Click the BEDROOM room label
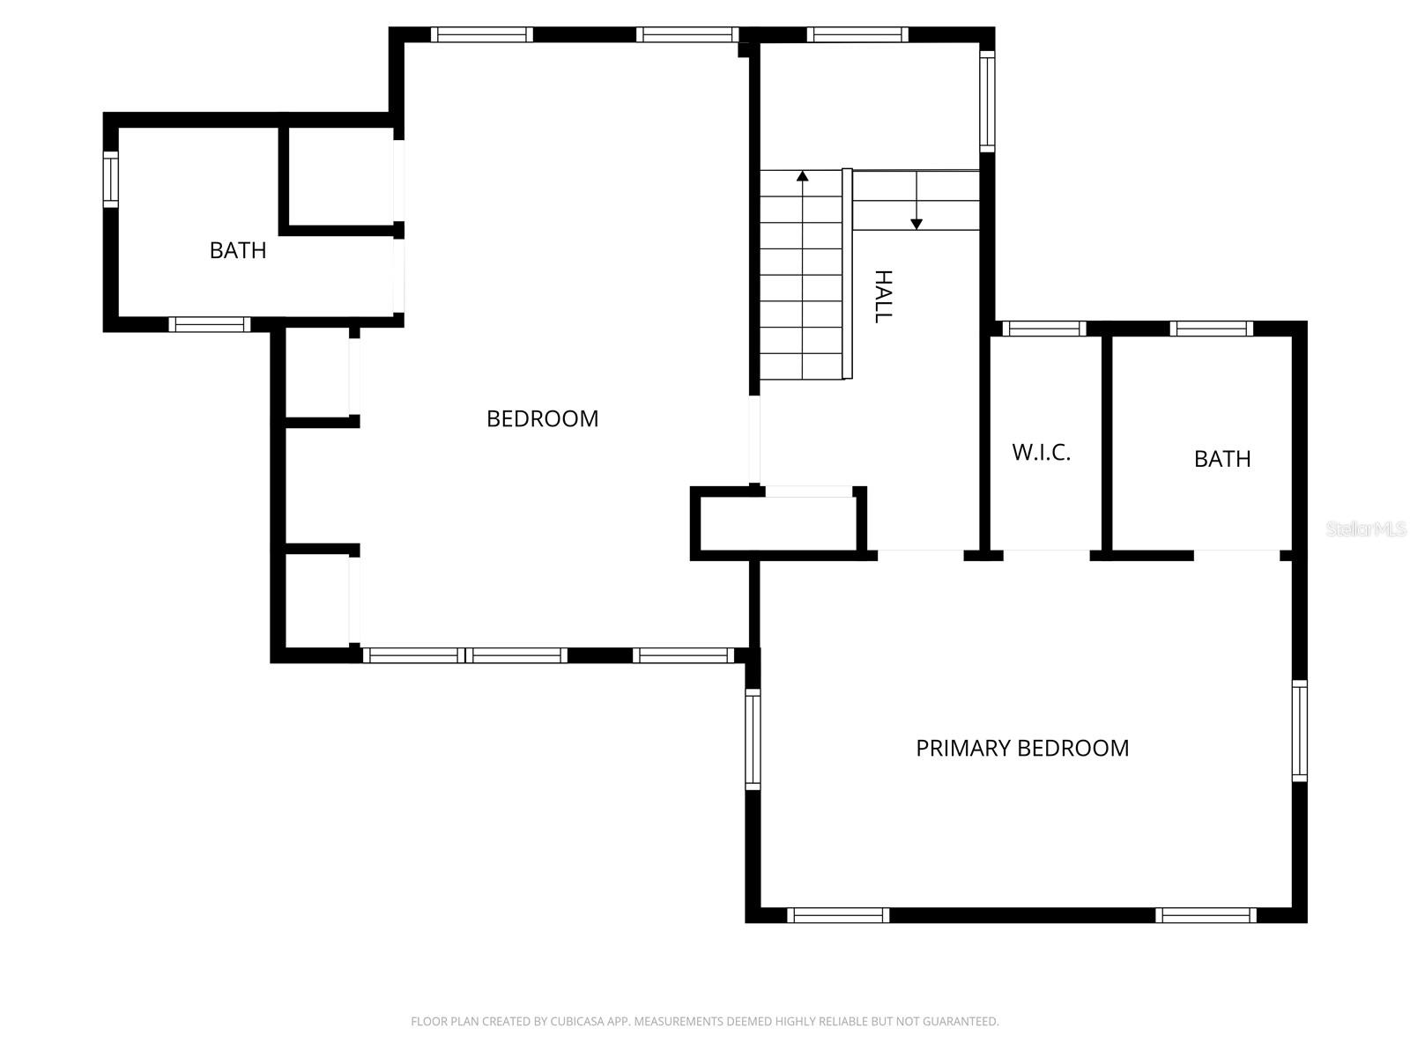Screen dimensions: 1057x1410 [x=542, y=418]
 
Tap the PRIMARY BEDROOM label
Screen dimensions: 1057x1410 [x=1022, y=748]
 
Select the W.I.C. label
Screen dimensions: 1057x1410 [x=1041, y=452]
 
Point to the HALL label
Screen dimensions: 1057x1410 [x=883, y=297]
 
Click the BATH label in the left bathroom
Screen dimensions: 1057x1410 [x=238, y=250]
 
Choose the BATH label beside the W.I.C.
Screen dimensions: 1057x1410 [x=1222, y=459]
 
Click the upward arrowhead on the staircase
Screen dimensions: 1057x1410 [x=802, y=176]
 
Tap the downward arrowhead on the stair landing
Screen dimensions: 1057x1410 [x=916, y=225]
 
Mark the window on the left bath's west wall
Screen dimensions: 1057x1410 [x=111, y=179]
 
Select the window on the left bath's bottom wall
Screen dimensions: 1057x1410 [x=210, y=324]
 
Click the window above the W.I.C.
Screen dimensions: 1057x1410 [x=1044, y=329]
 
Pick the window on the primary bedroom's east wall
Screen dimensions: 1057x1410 [x=1299, y=730]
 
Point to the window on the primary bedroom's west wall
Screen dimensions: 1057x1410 [x=753, y=738]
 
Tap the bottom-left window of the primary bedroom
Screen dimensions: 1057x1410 [x=837, y=915]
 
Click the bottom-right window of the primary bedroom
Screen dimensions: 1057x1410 [x=1206, y=915]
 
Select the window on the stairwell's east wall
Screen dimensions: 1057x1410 [x=987, y=100]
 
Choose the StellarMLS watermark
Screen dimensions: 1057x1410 [x=1366, y=529]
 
